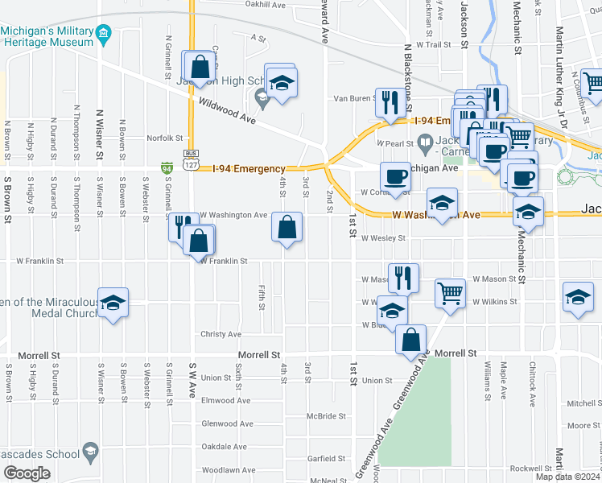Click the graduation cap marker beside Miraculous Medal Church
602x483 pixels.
click(x=113, y=303)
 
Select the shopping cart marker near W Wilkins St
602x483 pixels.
click(x=451, y=293)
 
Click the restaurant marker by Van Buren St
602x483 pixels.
click(x=390, y=102)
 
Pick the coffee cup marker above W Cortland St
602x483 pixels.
click(x=394, y=175)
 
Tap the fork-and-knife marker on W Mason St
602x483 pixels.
click(x=403, y=278)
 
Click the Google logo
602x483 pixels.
click(x=27, y=473)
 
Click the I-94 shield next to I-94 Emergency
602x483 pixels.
click(x=167, y=167)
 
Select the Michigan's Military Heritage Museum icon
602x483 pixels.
click(x=104, y=33)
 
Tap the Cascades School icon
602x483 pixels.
click(x=89, y=454)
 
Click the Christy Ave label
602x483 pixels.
click(x=221, y=334)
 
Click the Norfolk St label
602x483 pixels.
click(x=166, y=138)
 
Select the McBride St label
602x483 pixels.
click(x=326, y=416)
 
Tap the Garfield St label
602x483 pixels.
click(x=326, y=459)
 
